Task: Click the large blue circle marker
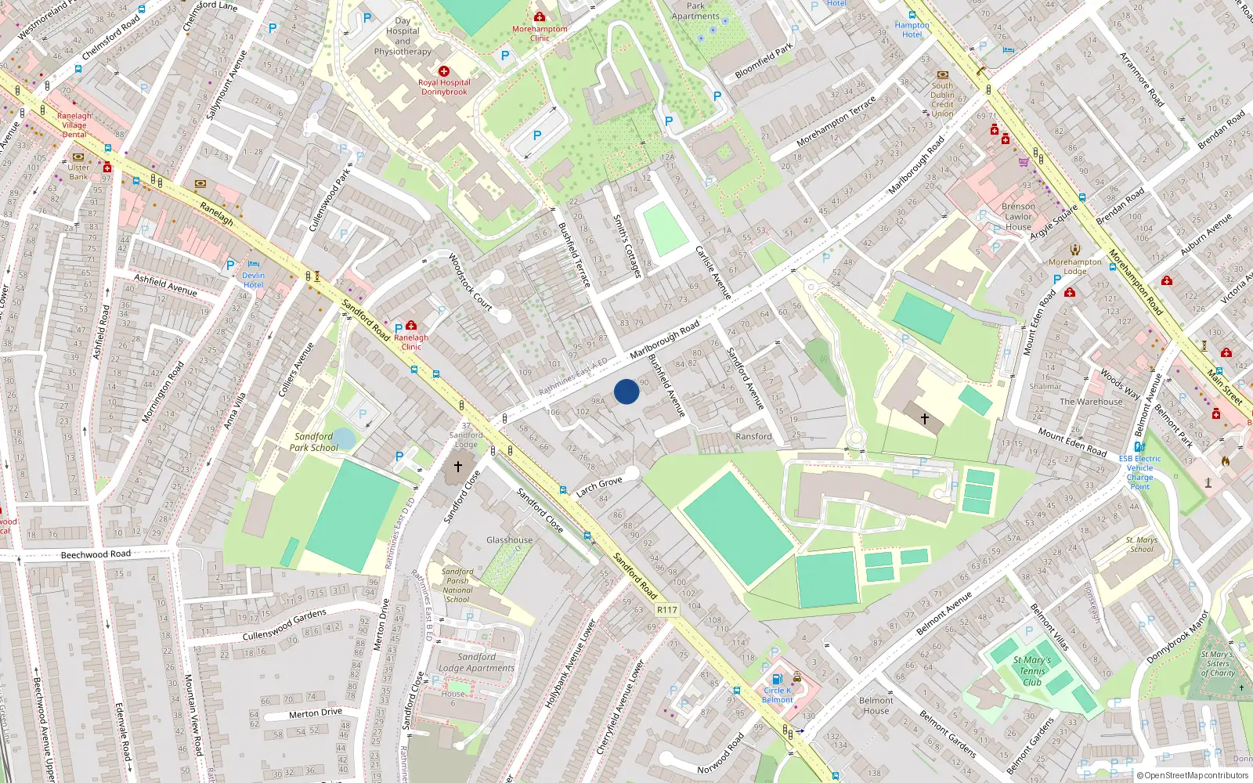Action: coord(626,391)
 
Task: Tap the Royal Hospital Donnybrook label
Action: coord(444,87)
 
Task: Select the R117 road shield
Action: coord(666,609)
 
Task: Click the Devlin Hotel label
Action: coord(253,280)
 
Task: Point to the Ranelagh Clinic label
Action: coord(411,342)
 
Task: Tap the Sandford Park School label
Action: coord(314,442)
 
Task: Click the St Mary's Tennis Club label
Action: coord(1032,671)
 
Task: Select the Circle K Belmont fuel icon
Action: coord(777,680)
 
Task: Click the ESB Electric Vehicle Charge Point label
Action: coord(1139,473)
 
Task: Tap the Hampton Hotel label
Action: coord(912,30)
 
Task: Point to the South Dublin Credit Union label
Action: coord(942,99)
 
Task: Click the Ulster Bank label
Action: coord(78,172)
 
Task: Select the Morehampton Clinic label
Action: coord(540,34)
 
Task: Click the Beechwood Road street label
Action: coord(96,554)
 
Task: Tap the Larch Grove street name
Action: coord(599,487)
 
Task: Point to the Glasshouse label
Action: coord(509,540)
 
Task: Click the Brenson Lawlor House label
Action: coord(1018,217)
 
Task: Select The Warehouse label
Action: coord(1091,402)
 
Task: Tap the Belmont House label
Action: coord(876,705)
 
